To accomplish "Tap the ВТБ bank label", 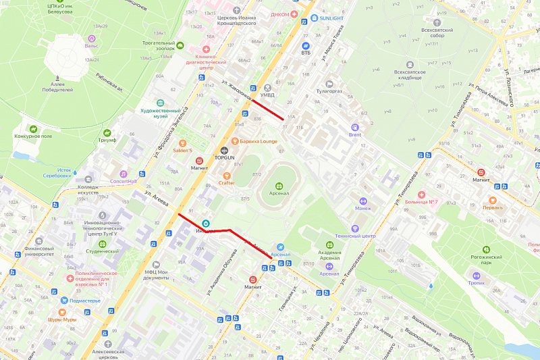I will (x=306, y=52).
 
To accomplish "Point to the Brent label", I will (x=355, y=134).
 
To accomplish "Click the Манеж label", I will (x=363, y=209).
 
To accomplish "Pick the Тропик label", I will (x=477, y=283).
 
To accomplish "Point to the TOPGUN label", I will (x=224, y=157).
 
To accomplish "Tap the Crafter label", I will (x=226, y=182).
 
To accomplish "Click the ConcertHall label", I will (x=119, y=180).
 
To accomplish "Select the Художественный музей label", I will (x=159, y=113).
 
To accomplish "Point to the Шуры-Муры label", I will (x=61, y=319).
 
